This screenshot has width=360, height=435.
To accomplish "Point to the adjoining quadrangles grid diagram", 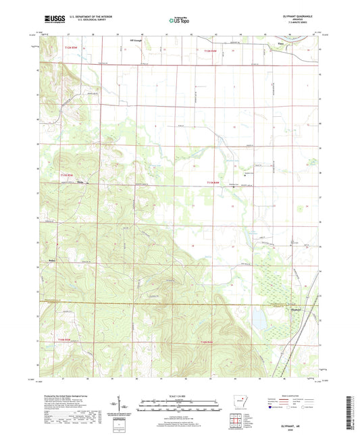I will point(238,422).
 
